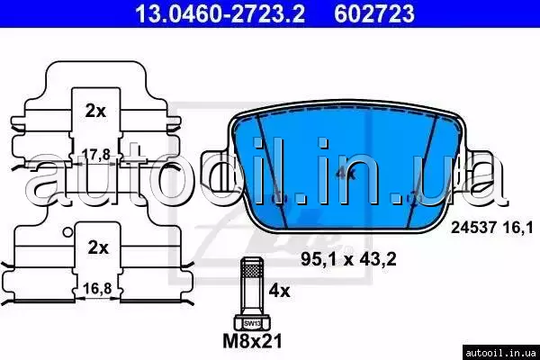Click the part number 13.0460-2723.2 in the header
click(x=220, y=13)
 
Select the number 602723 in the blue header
click(x=374, y=13)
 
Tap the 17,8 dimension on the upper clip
click(x=96, y=155)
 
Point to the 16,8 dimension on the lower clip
click(x=97, y=288)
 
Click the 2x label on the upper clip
click(x=95, y=111)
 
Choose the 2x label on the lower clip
click(x=98, y=247)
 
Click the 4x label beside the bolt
click(x=279, y=291)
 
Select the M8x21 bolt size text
click(x=252, y=341)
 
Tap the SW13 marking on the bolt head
click(x=252, y=324)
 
